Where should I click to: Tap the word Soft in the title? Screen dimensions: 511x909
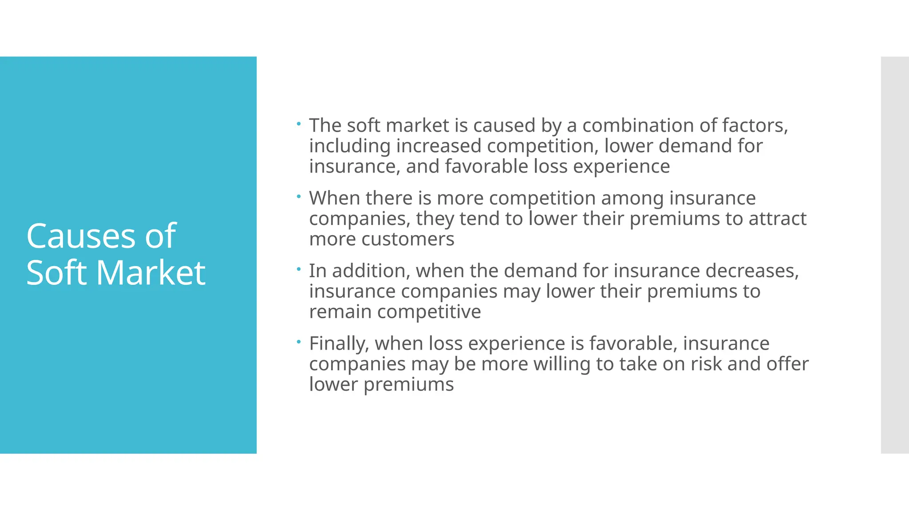click(56, 272)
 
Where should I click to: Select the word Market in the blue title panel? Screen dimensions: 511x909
click(151, 272)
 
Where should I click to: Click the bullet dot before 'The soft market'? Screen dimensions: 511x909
click(299, 123)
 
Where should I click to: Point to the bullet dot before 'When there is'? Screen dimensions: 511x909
click(299, 196)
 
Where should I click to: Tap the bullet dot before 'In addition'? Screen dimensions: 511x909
click(299, 269)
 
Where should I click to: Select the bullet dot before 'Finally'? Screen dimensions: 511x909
click(299, 342)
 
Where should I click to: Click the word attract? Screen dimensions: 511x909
click(778, 219)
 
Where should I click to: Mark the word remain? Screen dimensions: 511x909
click(340, 312)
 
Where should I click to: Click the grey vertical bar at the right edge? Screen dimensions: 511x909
click(895, 255)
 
